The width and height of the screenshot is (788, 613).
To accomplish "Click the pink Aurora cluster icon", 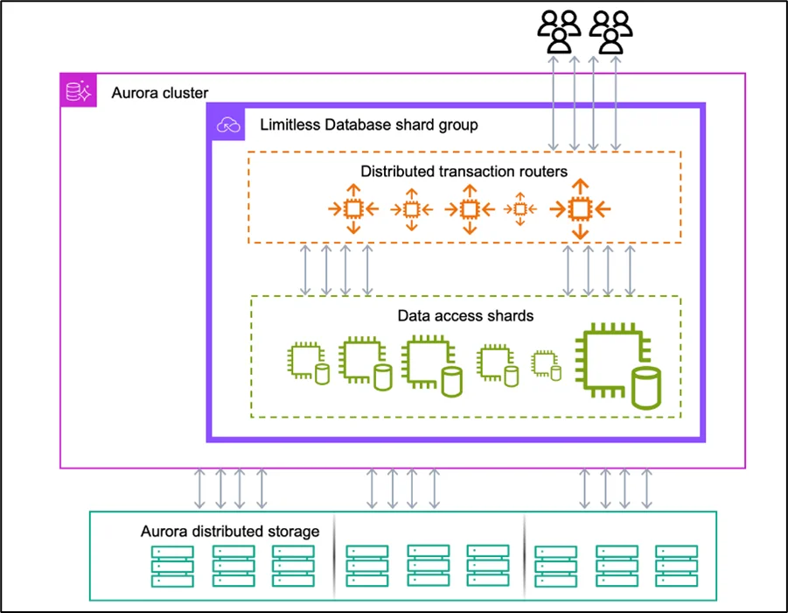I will (78, 91).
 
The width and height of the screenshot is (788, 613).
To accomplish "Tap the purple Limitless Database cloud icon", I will (227, 125).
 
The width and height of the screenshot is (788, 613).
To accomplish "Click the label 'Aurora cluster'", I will (160, 93).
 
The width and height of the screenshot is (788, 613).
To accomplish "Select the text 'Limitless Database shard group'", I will (369, 124).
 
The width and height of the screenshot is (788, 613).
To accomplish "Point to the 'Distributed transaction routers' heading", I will (464, 172).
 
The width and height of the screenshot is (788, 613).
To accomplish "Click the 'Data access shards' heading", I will (465, 315).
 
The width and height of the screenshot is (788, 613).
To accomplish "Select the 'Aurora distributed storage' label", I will (230, 532).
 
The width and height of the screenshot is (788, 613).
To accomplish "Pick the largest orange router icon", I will (578, 208).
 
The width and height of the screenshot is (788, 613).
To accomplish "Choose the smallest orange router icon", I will (520, 209).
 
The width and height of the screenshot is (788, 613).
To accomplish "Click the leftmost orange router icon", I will (352, 208).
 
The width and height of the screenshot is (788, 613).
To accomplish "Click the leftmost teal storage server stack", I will (172, 566).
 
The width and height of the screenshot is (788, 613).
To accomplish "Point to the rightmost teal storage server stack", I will (676, 566).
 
